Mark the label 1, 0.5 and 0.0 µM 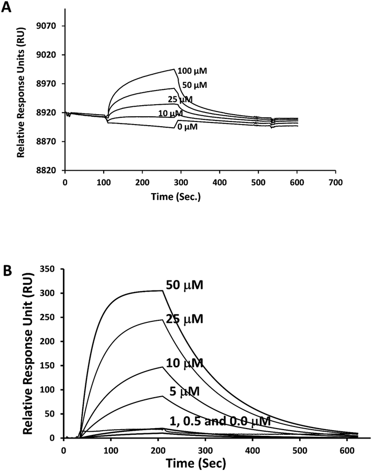tap(220, 421)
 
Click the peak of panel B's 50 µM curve tap(161, 290)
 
